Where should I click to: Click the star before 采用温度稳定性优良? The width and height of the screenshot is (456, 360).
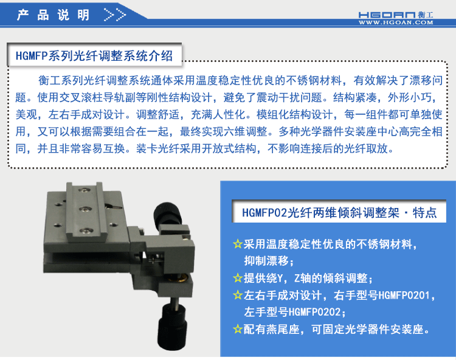(x=238, y=244)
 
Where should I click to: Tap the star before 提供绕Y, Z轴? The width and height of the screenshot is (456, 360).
(x=238, y=279)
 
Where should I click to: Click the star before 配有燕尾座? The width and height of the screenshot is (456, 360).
(x=238, y=330)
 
